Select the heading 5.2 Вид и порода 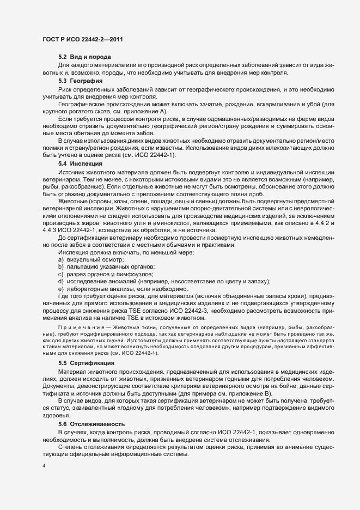click(x=84, y=57)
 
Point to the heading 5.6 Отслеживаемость click(x=91, y=423)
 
